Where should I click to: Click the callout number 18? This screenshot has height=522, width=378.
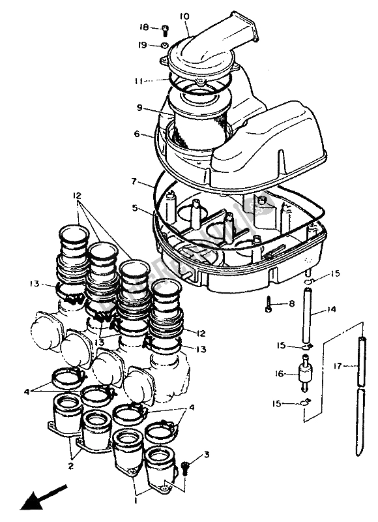(x=145, y=27)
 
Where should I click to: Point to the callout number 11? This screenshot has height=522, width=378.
(x=138, y=82)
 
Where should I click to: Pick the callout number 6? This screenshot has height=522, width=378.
(x=138, y=134)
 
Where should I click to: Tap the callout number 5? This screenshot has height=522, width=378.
(x=134, y=209)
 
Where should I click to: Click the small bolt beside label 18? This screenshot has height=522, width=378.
(x=164, y=28)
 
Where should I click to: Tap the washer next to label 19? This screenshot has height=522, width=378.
(x=165, y=46)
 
